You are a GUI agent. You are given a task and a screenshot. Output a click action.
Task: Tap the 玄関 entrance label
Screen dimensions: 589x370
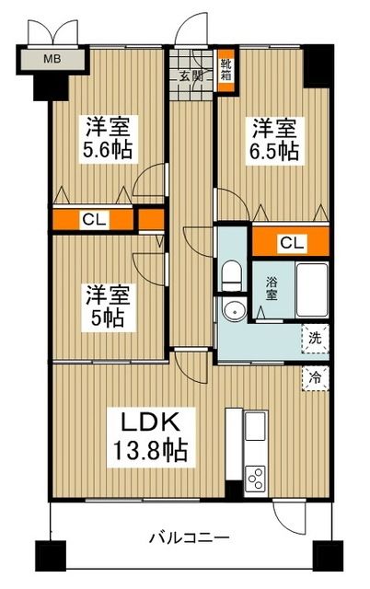[x=191, y=76]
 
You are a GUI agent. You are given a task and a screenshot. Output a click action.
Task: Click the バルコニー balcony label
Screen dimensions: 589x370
[x=188, y=537]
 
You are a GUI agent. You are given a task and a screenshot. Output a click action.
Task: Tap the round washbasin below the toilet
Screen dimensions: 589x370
[x=234, y=310]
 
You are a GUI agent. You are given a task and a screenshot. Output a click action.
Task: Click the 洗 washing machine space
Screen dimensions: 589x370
[x=316, y=337]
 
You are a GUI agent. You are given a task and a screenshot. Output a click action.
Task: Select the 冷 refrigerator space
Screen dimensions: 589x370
[x=316, y=376]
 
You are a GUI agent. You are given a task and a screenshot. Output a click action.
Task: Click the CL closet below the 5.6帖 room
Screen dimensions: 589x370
[x=92, y=220]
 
